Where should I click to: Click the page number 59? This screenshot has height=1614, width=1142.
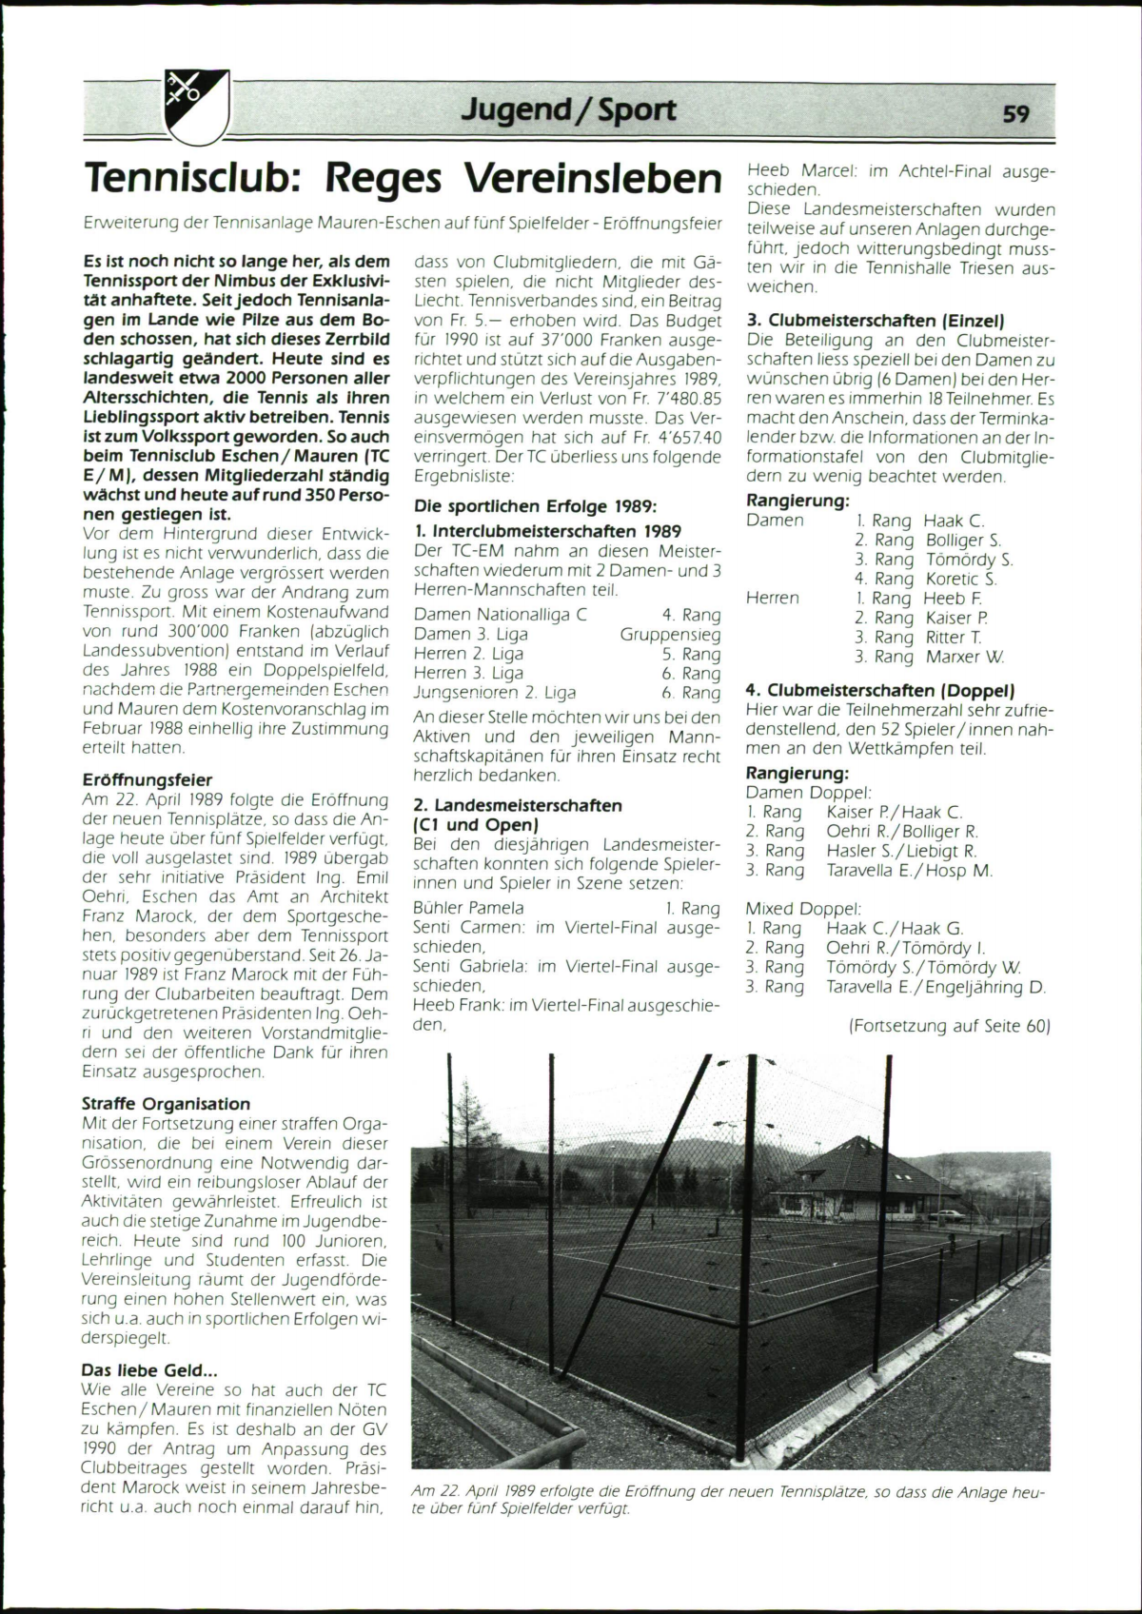click(1015, 113)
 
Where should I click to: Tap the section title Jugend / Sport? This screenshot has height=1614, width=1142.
click(569, 110)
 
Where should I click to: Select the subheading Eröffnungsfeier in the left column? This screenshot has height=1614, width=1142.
click(148, 779)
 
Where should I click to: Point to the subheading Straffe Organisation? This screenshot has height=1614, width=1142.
click(167, 1104)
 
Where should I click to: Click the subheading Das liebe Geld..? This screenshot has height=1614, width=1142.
click(150, 1370)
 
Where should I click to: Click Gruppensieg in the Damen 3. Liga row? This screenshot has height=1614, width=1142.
click(670, 634)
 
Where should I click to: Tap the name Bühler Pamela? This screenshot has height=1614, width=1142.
click(468, 908)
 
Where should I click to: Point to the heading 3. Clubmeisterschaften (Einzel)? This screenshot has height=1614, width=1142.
click(876, 321)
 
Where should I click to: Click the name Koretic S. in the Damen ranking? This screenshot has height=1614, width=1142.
click(961, 579)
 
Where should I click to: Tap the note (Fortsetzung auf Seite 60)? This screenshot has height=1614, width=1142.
click(949, 1026)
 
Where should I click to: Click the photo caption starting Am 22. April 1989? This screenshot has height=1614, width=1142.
click(727, 1501)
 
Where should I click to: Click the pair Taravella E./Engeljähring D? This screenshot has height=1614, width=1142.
click(935, 987)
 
